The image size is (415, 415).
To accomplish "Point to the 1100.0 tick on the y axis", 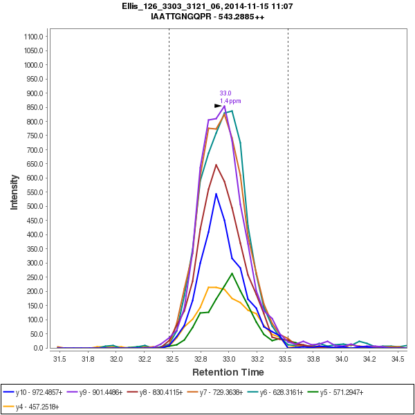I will click(x=34, y=37).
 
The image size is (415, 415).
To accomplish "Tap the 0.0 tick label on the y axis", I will click(x=39, y=348).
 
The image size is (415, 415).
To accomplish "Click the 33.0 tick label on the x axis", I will click(x=229, y=360).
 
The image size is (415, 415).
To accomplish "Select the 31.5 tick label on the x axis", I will click(x=59, y=360).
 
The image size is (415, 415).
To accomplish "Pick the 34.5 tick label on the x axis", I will click(x=398, y=360).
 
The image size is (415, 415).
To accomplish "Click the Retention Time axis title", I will click(x=228, y=373).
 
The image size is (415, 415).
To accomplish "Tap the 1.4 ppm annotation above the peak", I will click(x=230, y=101).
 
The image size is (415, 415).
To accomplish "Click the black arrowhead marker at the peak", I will click(x=218, y=106).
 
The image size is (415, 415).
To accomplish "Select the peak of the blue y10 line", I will click(x=216, y=194).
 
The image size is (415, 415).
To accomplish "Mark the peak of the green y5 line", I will click(x=232, y=273).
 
